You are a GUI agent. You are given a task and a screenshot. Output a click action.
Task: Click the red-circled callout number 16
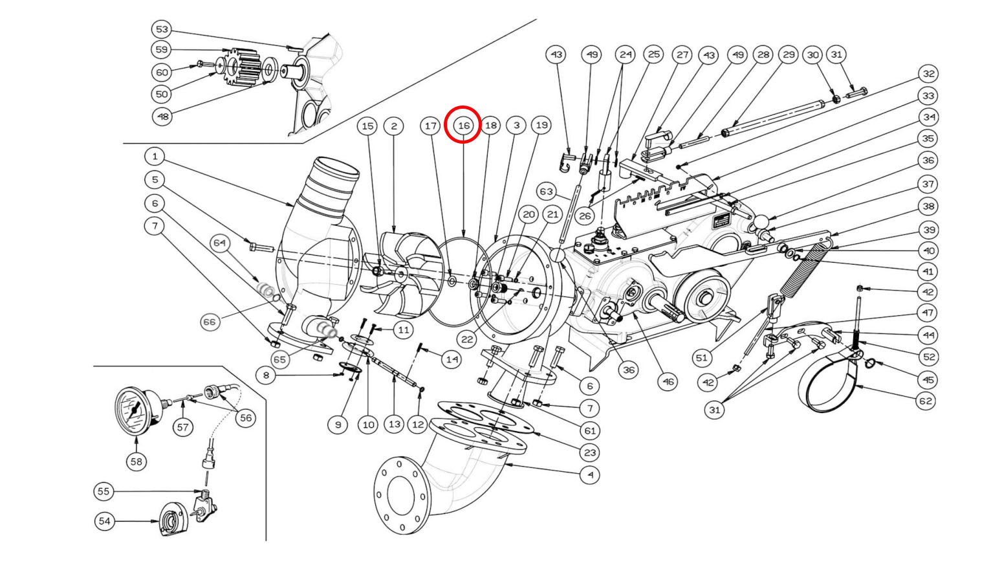tap(463, 126)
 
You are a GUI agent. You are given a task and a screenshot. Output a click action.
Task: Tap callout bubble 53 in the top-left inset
tap(162, 30)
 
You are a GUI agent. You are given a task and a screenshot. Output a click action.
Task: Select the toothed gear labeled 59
tap(245, 67)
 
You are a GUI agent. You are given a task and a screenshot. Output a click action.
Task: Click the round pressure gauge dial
tap(136, 411)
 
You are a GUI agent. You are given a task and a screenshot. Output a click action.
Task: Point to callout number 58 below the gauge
tap(136, 461)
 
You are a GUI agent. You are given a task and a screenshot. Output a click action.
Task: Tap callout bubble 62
tap(926, 401)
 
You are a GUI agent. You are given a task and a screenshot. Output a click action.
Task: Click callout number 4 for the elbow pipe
tap(591, 474)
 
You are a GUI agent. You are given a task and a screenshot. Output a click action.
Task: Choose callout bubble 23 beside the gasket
tap(591, 452)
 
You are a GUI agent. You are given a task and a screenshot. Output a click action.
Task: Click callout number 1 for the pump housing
tap(155, 157)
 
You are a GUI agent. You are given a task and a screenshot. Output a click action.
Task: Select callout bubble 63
tap(546, 192)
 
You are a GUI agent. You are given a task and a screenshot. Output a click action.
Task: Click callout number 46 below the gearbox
tap(668, 382)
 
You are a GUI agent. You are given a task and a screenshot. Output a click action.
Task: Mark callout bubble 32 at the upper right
tap(929, 74)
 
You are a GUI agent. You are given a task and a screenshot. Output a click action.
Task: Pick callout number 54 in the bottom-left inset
tap(104, 521)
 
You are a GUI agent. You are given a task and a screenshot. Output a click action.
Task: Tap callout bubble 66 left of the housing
tap(210, 322)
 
